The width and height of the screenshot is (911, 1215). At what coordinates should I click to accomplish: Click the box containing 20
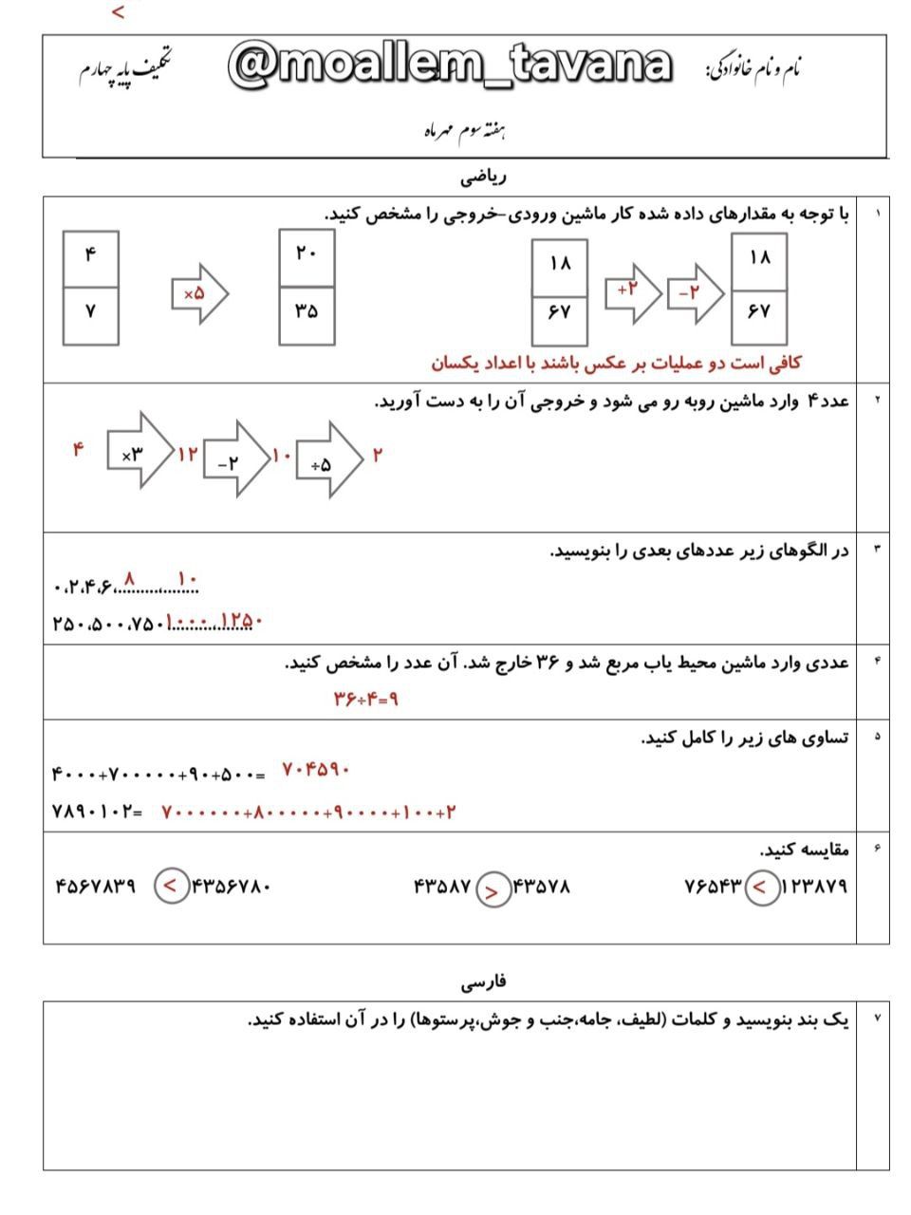pos(307,256)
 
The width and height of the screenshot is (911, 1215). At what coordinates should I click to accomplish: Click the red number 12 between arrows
pos(189,454)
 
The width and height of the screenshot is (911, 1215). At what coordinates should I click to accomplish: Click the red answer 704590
pos(316,770)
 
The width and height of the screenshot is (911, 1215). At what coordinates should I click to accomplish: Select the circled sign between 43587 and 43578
pos(492,889)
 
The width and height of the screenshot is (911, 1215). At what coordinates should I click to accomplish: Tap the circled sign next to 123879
pos(761,888)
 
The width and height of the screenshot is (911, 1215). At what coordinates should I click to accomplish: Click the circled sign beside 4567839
pos(171,887)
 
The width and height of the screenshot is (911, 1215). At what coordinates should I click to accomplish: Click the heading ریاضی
pos(484,177)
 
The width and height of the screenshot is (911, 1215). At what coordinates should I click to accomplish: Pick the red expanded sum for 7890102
pos(308,813)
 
